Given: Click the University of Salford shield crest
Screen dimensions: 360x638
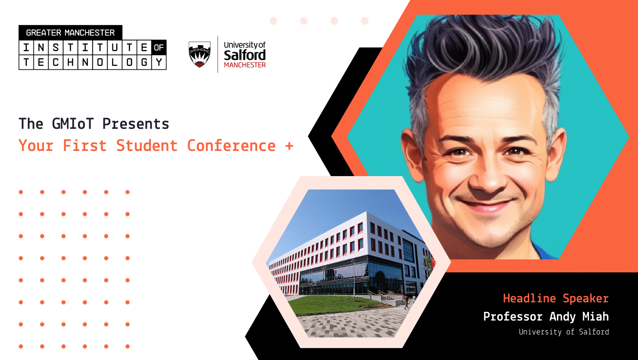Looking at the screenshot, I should click(199, 54).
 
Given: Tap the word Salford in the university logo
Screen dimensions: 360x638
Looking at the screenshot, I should click(244, 55).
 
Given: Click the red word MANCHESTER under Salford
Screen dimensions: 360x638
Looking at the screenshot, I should click(244, 65).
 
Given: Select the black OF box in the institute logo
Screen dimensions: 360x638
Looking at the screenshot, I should click(159, 48).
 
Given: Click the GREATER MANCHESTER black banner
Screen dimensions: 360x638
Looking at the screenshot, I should click(70, 33).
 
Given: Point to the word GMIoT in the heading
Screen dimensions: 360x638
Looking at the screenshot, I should click(72, 124).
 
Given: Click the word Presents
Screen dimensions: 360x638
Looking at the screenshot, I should click(136, 124).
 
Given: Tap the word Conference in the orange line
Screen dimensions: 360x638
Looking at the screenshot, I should click(231, 146).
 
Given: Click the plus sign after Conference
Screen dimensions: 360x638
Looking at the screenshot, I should click(289, 146).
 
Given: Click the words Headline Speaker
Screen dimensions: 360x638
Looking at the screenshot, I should click(556, 298).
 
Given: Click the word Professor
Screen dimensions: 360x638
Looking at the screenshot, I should click(513, 317).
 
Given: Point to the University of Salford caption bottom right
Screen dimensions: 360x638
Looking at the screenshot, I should click(563, 332).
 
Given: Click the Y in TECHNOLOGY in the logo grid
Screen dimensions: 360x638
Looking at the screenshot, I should click(159, 62).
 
